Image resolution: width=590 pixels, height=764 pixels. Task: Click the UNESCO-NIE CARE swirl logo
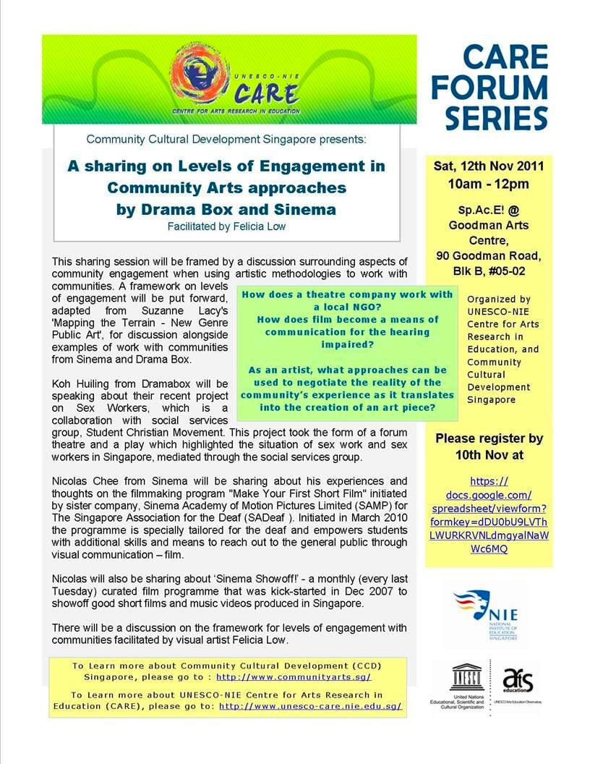197,73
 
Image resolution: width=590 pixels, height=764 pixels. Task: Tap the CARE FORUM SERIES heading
496,88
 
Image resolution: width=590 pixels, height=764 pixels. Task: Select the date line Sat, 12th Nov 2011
489,166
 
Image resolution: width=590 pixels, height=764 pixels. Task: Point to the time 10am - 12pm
488,184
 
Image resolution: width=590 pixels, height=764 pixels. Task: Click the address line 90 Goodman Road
488,255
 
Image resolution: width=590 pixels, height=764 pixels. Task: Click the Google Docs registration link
489,515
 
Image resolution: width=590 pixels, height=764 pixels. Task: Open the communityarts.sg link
294,676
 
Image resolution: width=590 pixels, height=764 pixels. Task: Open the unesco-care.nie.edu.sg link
310,705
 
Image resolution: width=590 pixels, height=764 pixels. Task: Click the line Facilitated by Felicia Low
226,226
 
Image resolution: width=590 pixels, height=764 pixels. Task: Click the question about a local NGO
347,300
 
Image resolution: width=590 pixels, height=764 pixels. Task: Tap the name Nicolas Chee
85,481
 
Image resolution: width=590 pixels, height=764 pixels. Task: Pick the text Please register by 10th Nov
489,446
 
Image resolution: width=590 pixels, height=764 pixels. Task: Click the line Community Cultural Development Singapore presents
226,138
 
